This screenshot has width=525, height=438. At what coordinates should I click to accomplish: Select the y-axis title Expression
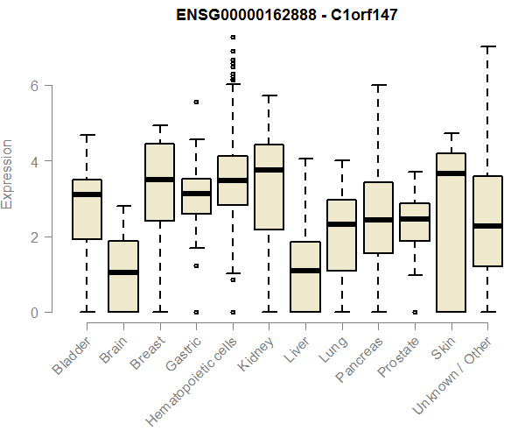[x=8, y=173]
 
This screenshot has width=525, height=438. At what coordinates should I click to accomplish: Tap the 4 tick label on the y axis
[x=34, y=161]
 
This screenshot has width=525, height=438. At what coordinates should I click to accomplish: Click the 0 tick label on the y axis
[x=34, y=312]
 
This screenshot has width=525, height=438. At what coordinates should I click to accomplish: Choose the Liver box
[x=305, y=277]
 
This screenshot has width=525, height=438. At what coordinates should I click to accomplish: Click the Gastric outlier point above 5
[x=196, y=102]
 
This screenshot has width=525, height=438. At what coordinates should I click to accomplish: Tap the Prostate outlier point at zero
[x=415, y=312]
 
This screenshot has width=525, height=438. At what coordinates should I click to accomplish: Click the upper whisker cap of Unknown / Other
[x=487, y=46]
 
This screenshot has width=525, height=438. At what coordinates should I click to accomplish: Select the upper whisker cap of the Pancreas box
[x=378, y=85]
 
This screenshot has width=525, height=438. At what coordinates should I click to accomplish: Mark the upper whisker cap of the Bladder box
[x=87, y=135]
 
